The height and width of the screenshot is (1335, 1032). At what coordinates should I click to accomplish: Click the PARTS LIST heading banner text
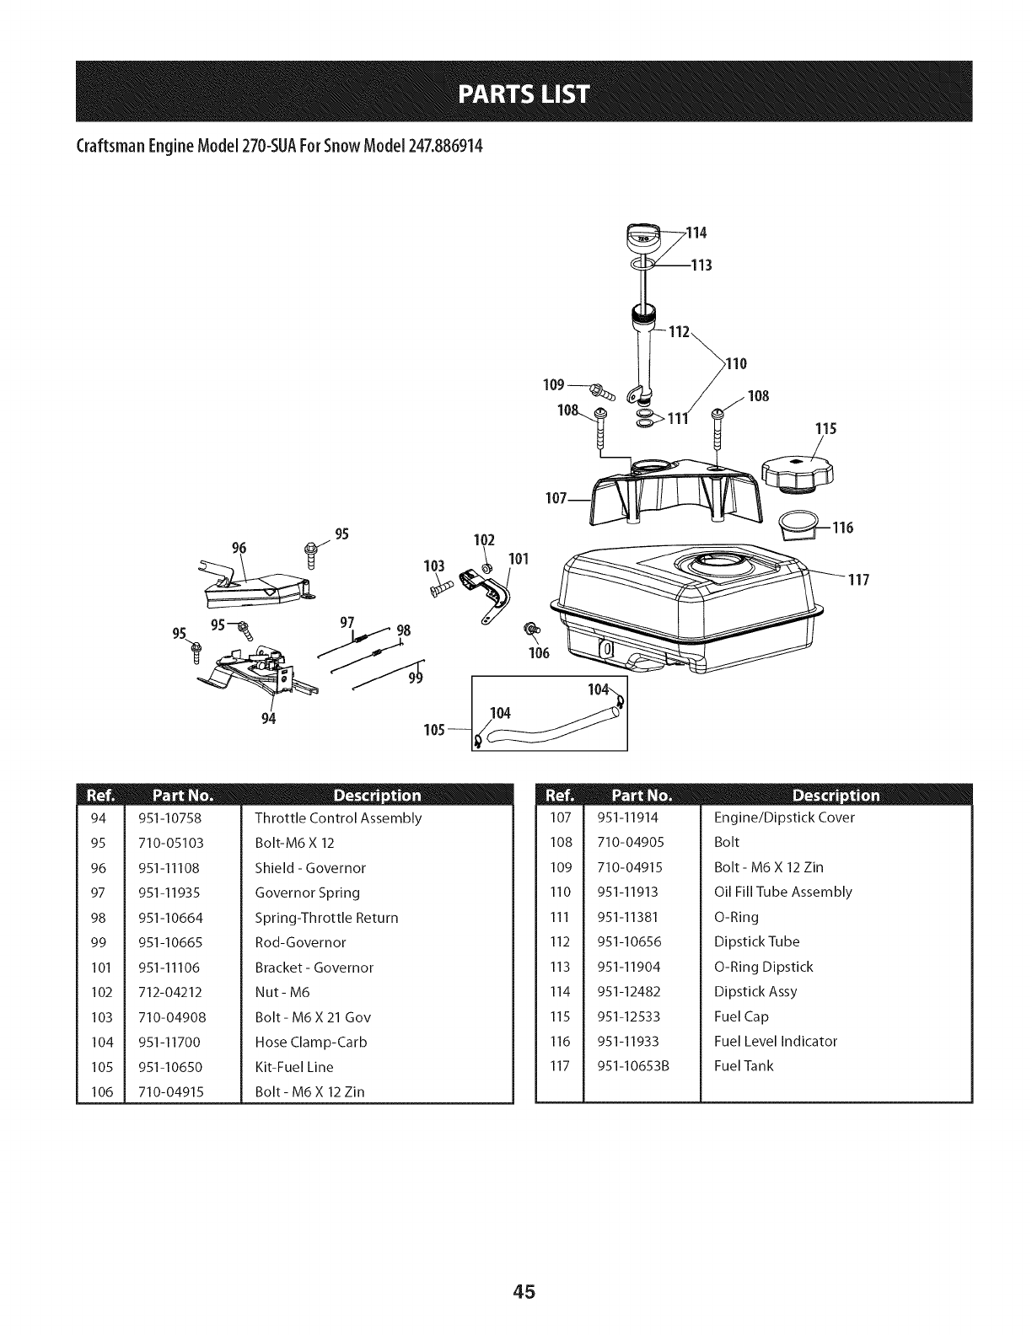tap(515, 90)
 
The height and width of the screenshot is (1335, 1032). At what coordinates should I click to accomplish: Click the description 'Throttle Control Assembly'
tap(338, 818)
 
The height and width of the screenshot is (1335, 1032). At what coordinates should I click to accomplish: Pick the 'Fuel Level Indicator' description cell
tap(776, 1041)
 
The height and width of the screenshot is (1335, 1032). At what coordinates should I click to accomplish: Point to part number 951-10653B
tap(632, 1065)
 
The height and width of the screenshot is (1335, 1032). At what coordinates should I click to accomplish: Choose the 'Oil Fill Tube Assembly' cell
tap(782, 892)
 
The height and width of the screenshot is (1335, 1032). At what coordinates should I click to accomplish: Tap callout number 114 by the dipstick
tap(696, 233)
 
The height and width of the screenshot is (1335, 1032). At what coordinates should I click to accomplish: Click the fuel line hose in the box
tap(548, 731)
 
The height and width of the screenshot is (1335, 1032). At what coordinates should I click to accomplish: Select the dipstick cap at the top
tap(642, 239)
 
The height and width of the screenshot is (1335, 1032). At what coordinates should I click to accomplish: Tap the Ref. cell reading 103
tap(100, 1017)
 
